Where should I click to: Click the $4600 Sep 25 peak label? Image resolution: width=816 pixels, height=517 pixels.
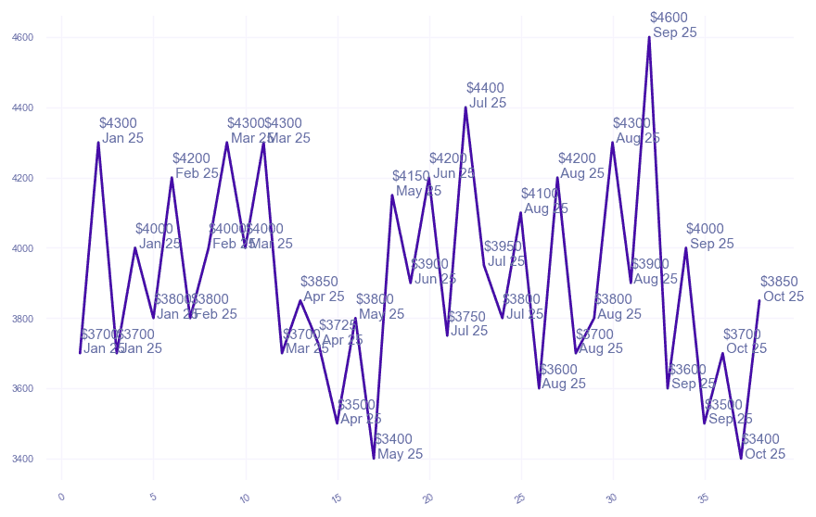[x=673, y=25]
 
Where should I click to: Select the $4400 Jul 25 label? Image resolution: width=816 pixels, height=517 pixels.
[x=487, y=95]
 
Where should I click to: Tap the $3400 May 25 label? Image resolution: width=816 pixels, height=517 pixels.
[x=398, y=447]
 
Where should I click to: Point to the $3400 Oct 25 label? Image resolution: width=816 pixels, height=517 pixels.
[x=762, y=447]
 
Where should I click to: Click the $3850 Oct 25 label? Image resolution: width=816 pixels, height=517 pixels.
[x=782, y=289]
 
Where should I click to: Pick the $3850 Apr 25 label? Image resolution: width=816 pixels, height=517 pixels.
[x=322, y=289]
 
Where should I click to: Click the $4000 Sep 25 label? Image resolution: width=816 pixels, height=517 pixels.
[x=709, y=236]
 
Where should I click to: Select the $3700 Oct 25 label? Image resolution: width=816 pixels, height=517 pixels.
[x=745, y=342]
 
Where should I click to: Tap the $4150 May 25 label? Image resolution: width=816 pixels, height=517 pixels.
[x=415, y=183]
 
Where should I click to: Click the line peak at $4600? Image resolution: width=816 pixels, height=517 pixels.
[x=649, y=37]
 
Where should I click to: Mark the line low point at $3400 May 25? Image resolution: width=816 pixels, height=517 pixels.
[x=374, y=458]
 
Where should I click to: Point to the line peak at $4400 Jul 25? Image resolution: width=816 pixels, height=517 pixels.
[x=465, y=107]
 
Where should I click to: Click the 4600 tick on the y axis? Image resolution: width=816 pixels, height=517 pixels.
[x=22, y=38]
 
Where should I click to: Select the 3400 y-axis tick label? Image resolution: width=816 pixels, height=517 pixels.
[x=22, y=459]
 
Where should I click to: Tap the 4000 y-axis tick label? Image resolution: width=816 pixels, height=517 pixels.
[x=22, y=248]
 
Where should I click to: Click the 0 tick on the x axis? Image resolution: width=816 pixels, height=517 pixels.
[x=61, y=497]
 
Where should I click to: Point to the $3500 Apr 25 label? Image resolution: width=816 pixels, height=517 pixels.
[x=358, y=411]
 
